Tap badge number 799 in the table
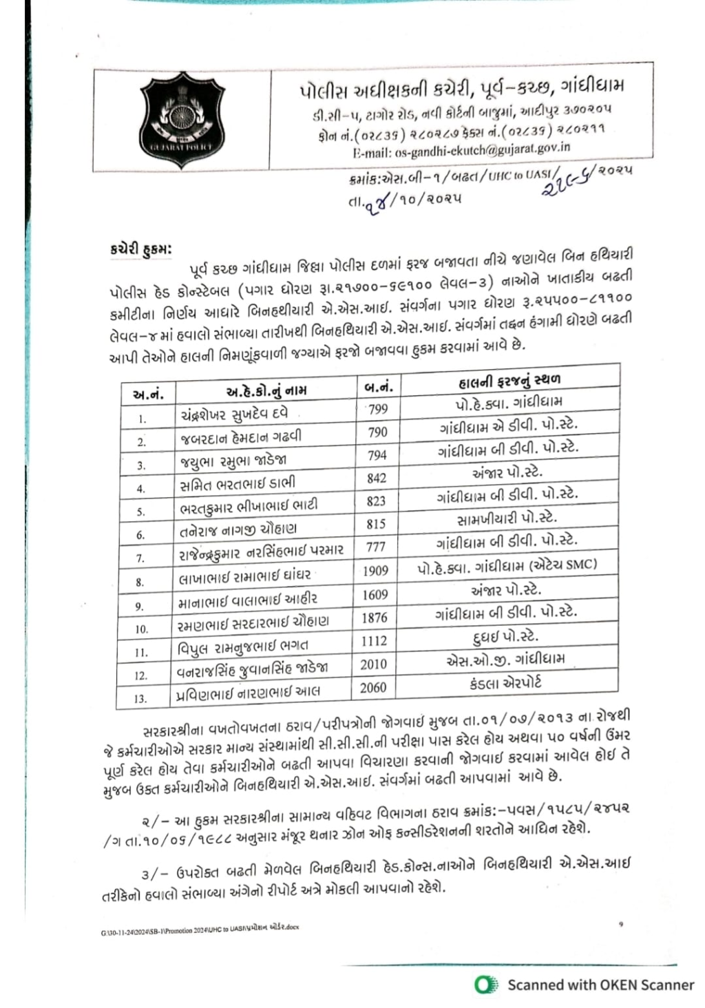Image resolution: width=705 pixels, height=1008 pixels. (378, 410)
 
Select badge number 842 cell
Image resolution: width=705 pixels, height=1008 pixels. (377, 479)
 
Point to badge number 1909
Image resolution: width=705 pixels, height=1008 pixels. (375, 571)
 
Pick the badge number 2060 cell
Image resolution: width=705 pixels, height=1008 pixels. (373, 687)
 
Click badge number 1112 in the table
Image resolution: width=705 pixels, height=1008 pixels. (375, 641)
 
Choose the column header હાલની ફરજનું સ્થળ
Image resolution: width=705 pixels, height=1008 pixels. (509, 380)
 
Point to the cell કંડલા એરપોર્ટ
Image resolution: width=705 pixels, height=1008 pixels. (505, 682)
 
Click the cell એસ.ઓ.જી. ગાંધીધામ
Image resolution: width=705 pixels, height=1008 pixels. (505, 659)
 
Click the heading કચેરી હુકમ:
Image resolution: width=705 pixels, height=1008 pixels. (135, 249)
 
